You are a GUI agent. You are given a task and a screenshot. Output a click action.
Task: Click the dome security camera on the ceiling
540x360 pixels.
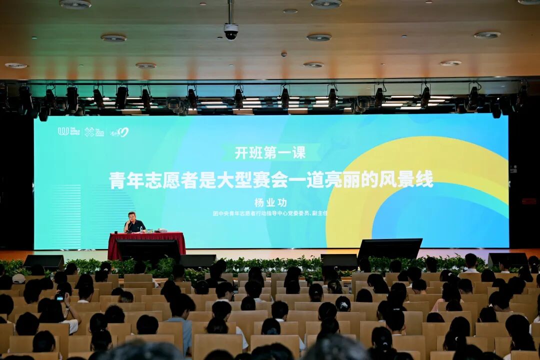230,32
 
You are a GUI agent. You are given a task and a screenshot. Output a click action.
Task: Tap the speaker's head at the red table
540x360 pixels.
131,216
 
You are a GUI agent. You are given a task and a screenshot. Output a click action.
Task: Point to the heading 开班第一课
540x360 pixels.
270,152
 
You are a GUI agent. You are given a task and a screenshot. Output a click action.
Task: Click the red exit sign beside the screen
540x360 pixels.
528,201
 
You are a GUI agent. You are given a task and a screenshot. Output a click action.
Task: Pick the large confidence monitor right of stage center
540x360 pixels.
390,248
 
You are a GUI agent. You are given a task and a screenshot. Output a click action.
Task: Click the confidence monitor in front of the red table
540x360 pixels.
148,249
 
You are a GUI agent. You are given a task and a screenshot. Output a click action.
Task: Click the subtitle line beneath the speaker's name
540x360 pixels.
270,213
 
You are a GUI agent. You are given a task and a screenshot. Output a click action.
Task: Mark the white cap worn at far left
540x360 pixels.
18,278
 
